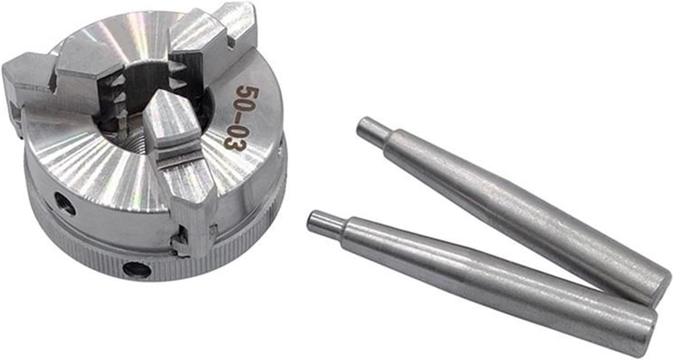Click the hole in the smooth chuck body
pos(65,203)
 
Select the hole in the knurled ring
pos(137,270)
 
